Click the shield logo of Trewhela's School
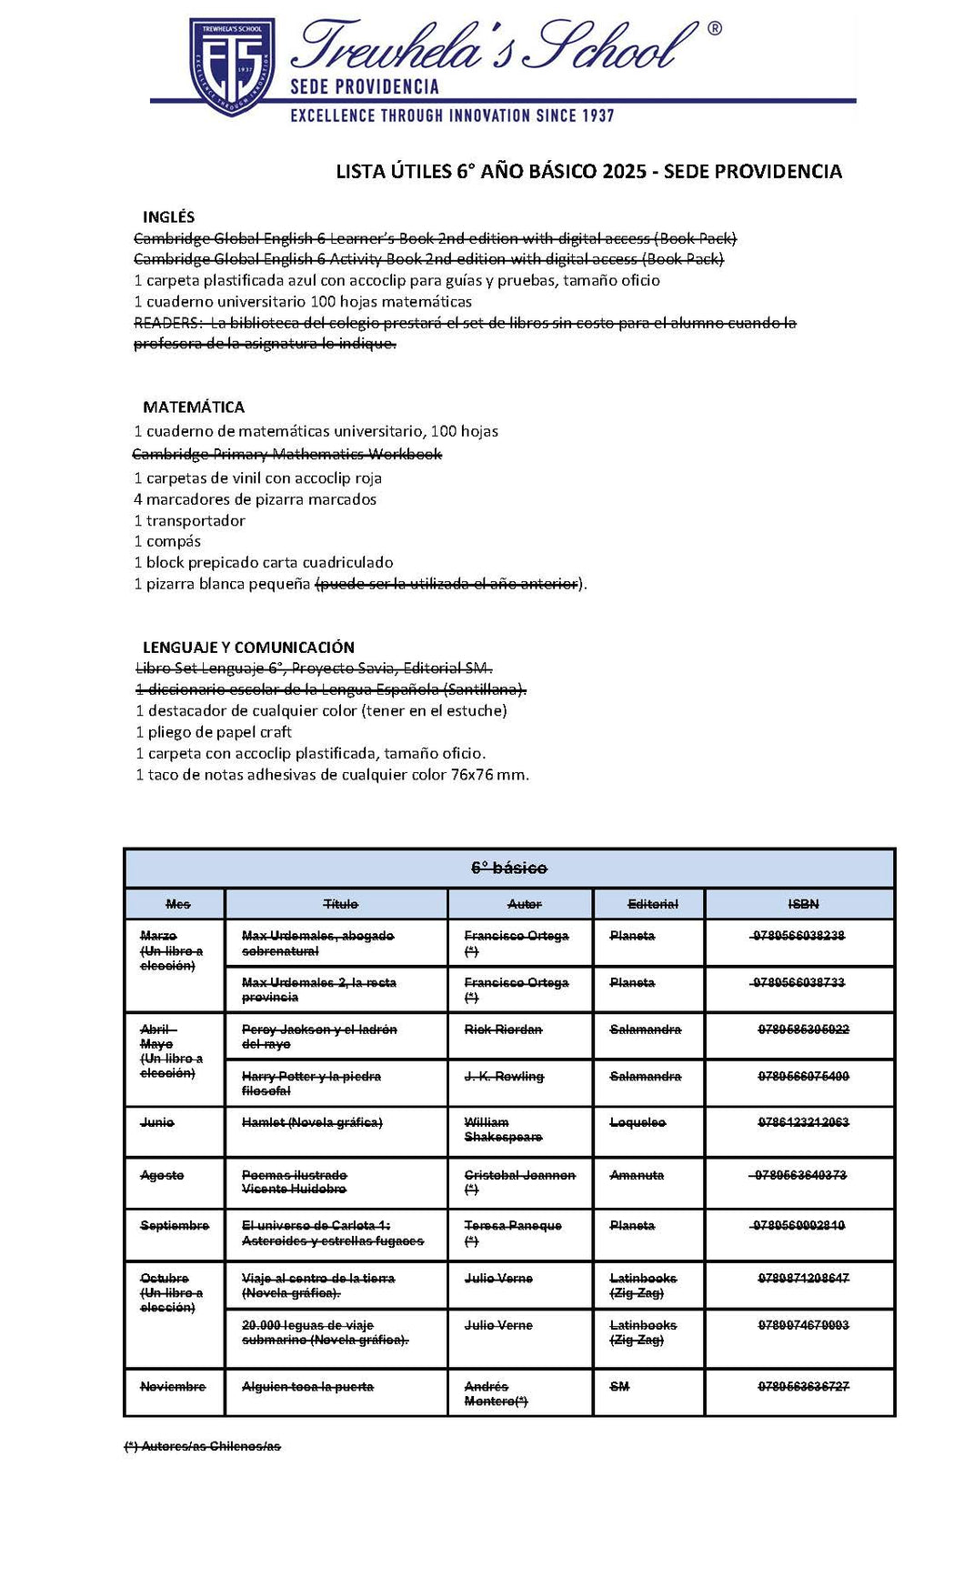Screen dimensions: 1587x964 point(232,65)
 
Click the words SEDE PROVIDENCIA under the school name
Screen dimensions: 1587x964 point(364,87)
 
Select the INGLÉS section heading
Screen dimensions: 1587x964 point(168,217)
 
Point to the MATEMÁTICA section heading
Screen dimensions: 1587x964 point(194,407)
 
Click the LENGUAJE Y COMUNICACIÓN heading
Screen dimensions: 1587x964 point(248,648)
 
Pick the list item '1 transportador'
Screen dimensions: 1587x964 point(189,520)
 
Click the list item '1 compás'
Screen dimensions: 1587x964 point(167,541)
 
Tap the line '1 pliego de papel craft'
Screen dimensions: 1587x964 point(214,732)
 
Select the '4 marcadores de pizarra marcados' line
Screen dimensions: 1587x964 point(255,499)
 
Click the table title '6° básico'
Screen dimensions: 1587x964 point(509,869)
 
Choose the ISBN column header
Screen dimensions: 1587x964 point(803,904)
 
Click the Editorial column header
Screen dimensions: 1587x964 point(652,904)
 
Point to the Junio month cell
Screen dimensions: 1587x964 point(157,1123)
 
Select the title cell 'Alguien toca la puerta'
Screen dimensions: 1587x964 point(307,1387)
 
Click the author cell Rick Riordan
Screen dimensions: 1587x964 point(503,1030)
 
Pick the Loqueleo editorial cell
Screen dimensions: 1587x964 point(638,1123)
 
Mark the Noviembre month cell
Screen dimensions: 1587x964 point(173,1387)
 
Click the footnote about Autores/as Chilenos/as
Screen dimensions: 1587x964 point(202,1446)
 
